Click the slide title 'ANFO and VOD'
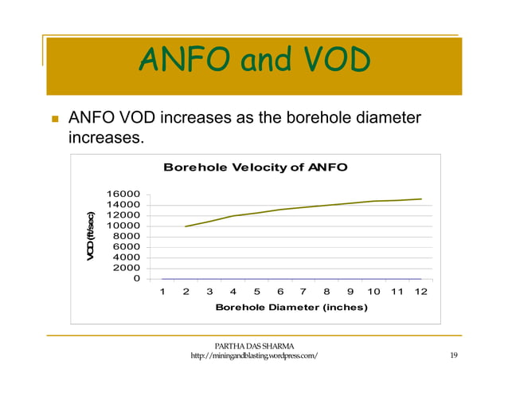(254, 59)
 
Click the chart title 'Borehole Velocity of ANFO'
(255, 167)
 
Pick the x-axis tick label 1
(162, 292)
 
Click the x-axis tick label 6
(279, 292)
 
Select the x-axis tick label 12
(420, 292)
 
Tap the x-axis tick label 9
(350, 292)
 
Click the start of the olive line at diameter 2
(186, 226)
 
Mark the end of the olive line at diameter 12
(420, 199)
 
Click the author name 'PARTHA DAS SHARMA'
(255, 345)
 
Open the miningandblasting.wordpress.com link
(255, 356)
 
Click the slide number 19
(453, 356)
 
